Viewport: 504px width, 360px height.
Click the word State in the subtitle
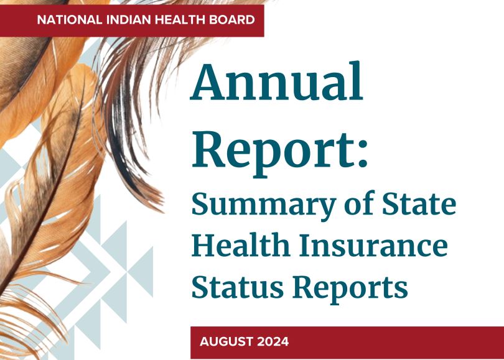pos(419,203)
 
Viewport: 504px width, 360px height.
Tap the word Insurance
pos(373,246)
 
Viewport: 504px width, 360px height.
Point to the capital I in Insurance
pos(306,246)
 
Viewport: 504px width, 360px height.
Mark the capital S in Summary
pos(200,204)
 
